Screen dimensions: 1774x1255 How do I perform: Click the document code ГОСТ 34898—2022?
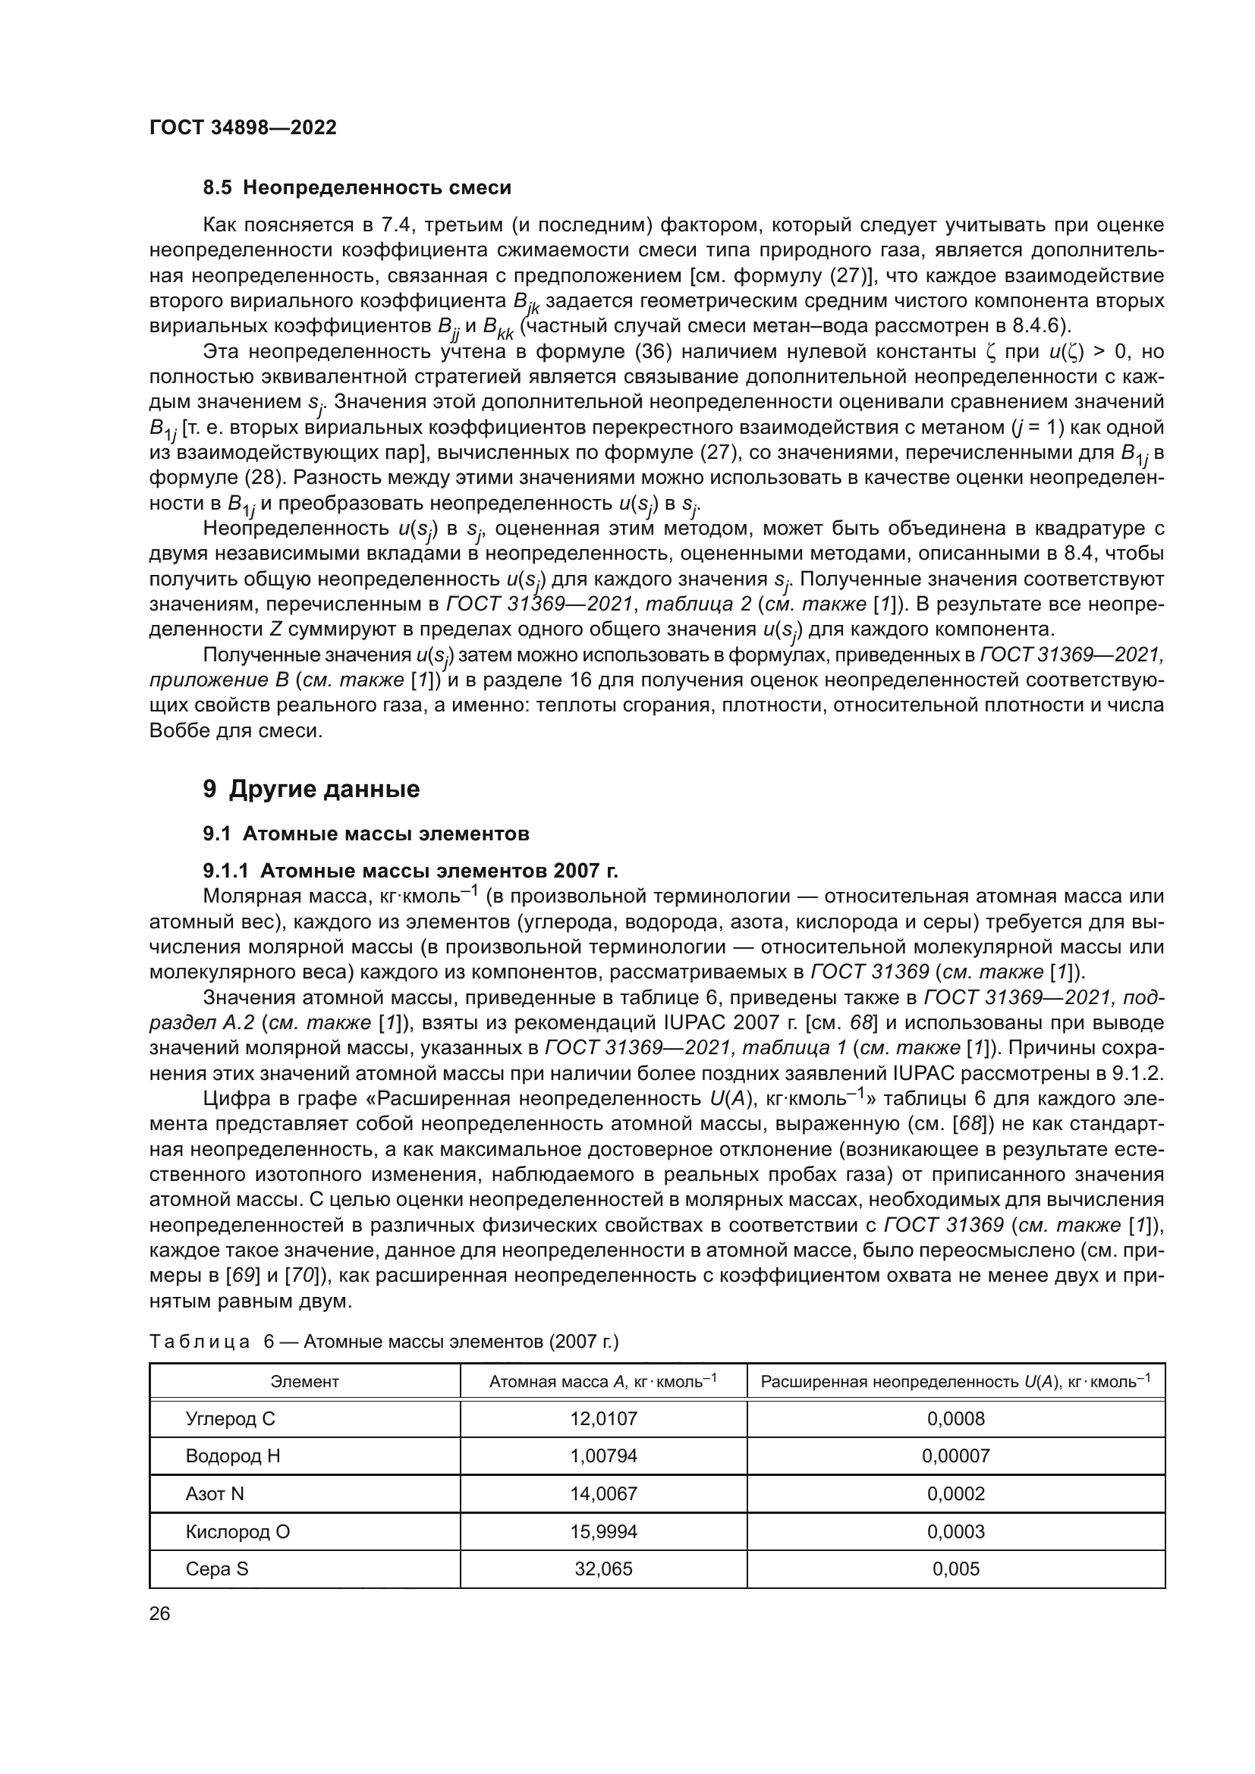(x=243, y=127)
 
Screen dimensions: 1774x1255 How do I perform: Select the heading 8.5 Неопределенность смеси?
(x=357, y=188)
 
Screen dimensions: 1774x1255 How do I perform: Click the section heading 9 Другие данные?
(x=311, y=789)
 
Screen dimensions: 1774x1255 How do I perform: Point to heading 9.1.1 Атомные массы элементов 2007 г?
(x=410, y=871)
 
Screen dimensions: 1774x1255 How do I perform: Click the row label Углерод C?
(x=231, y=1418)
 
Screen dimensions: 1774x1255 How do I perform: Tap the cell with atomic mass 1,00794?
(x=603, y=1456)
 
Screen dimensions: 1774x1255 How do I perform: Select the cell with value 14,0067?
(x=603, y=1493)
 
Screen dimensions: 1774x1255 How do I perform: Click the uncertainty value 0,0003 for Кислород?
(x=956, y=1531)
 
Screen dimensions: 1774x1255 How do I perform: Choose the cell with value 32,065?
(x=603, y=1568)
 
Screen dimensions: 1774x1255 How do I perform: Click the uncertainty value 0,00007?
(x=956, y=1456)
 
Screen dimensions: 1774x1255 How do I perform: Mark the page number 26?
(x=160, y=1614)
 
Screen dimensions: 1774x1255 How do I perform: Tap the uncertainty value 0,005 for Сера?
(x=956, y=1568)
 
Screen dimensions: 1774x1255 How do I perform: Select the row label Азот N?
(x=215, y=1493)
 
